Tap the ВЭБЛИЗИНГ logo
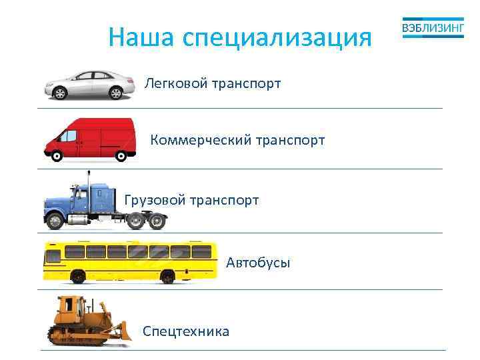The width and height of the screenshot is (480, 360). pyautogui.click(x=433, y=29)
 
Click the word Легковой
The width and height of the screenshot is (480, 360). pyautogui.click(x=175, y=84)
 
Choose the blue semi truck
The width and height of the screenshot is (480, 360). pyautogui.click(x=100, y=203)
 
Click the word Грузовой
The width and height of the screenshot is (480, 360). pyautogui.click(x=155, y=200)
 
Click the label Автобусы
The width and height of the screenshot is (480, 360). pyautogui.click(x=258, y=263)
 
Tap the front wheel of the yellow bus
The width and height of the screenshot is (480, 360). pyautogui.click(x=77, y=275)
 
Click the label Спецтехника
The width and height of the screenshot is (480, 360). pyautogui.click(x=186, y=331)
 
